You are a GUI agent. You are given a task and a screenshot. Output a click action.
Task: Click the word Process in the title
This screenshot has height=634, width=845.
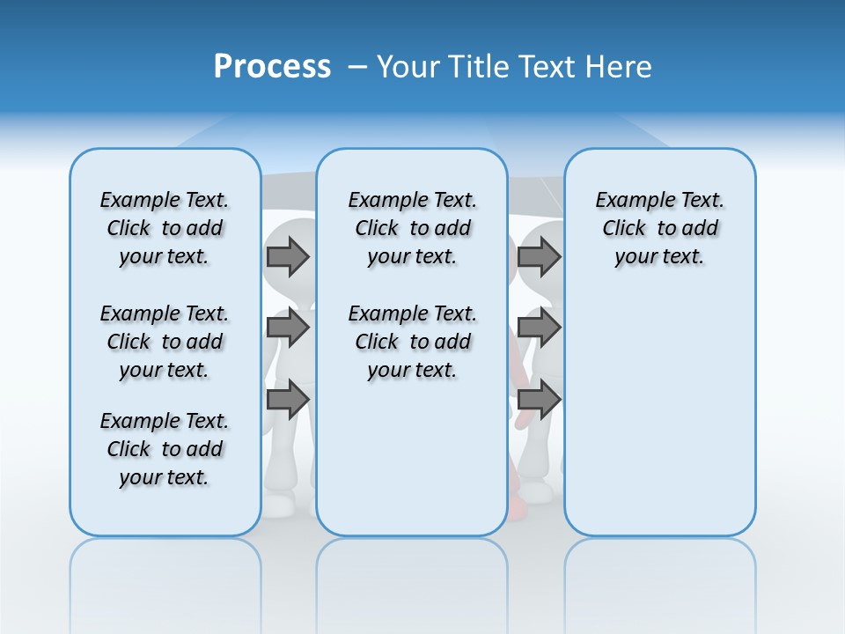(272, 67)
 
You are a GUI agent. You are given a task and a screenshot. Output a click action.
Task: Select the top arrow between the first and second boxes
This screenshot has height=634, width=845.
(288, 257)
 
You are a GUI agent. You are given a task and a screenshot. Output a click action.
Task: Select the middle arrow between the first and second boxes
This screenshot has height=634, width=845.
(288, 328)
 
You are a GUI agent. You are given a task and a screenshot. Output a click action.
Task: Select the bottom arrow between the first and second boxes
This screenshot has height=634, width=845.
(288, 400)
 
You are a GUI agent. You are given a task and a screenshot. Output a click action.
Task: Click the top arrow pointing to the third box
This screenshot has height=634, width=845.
(539, 257)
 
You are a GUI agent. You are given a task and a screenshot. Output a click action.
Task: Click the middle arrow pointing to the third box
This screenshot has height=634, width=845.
(539, 328)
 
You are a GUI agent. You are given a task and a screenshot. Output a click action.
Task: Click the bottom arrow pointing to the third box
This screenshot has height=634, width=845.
(539, 400)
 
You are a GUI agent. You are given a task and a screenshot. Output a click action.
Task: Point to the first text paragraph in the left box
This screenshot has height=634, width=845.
(165, 228)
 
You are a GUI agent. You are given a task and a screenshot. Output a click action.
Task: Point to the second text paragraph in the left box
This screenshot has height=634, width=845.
(165, 342)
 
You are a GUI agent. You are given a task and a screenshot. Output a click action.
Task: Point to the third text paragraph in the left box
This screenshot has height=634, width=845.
(165, 449)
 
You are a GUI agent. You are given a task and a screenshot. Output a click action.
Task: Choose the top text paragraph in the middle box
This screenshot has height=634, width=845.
(412, 228)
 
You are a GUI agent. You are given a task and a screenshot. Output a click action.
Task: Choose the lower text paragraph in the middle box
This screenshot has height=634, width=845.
(412, 342)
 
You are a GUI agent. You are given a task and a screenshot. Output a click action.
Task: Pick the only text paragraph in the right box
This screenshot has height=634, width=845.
(660, 228)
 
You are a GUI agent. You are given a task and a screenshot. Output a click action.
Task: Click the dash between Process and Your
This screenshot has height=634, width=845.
(357, 67)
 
